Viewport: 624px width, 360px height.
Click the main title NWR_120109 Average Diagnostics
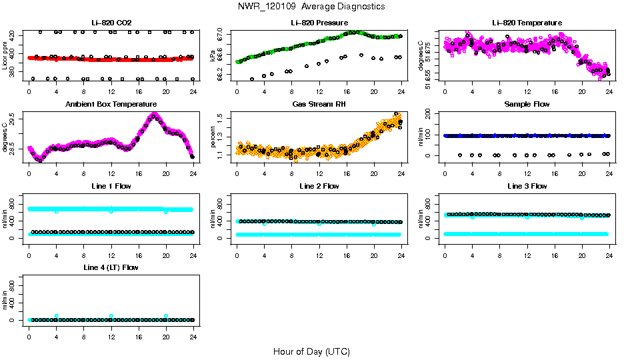(x=311, y=7)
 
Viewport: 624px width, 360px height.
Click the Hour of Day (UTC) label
(x=311, y=351)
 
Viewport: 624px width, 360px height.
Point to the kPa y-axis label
(x=213, y=55)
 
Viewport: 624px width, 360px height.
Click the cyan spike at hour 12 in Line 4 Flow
(x=111, y=316)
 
